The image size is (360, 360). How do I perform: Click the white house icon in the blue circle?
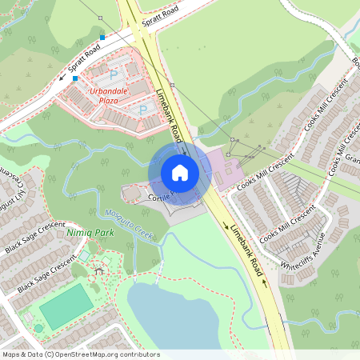pyautogui.click(x=180, y=172)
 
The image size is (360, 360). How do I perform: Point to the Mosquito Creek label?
pyautogui.click(x=128, y=223)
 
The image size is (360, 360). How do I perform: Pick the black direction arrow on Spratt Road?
pyautogui.click(x=62, y=78)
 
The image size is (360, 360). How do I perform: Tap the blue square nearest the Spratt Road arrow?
pyautogui.click(x=75, y=78)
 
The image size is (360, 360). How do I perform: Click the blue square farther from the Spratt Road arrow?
pyautogui.click(x=102, y=37)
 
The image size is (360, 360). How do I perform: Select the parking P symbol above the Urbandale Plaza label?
pyautogui.click(x=113, y=75)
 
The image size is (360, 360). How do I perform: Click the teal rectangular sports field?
pyautogui.click(x=66, y=306)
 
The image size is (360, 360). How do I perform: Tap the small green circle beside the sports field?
pyautogui.click(x=38, y=328)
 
